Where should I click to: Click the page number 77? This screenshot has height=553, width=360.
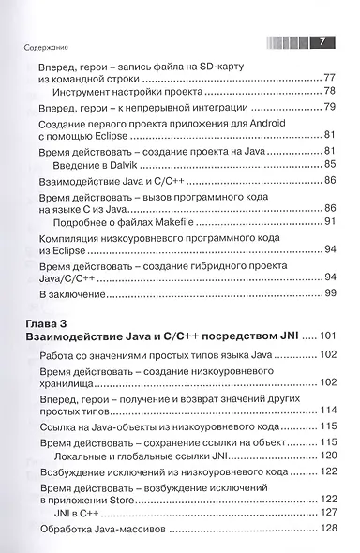point(328,78)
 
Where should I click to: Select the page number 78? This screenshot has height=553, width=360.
point(328,92)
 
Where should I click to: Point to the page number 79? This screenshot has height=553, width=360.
point(328,109)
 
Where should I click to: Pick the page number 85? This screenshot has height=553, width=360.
point(328,163)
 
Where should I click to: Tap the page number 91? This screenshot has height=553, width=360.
point(328,222)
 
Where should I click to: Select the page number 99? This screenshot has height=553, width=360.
point(328,294)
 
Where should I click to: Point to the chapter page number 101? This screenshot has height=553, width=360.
point(334,336)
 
